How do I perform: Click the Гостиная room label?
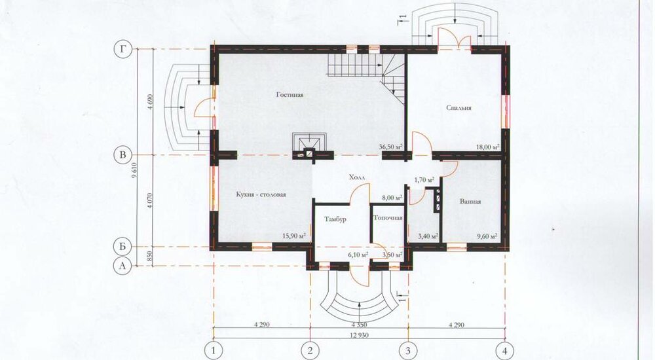[290, 95]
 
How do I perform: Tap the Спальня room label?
[458, 108]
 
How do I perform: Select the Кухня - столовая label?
[261, 194]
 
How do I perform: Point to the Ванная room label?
[470, 202]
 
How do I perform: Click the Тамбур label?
[335, 219]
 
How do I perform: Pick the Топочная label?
[388, 218]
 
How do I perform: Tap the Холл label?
[357, 177]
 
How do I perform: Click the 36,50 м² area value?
[390, 147]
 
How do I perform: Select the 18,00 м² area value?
[488, 147]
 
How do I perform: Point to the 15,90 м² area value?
[294, 236]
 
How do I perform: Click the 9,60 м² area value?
[487, 236]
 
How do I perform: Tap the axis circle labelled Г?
[122, 49]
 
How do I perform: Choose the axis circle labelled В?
[122, 155]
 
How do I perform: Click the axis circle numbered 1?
[214, 350]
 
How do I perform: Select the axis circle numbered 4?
[505, 350]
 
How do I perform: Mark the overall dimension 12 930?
[359, 335]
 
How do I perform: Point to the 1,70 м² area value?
[424, 180]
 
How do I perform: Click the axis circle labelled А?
[122, 266]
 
